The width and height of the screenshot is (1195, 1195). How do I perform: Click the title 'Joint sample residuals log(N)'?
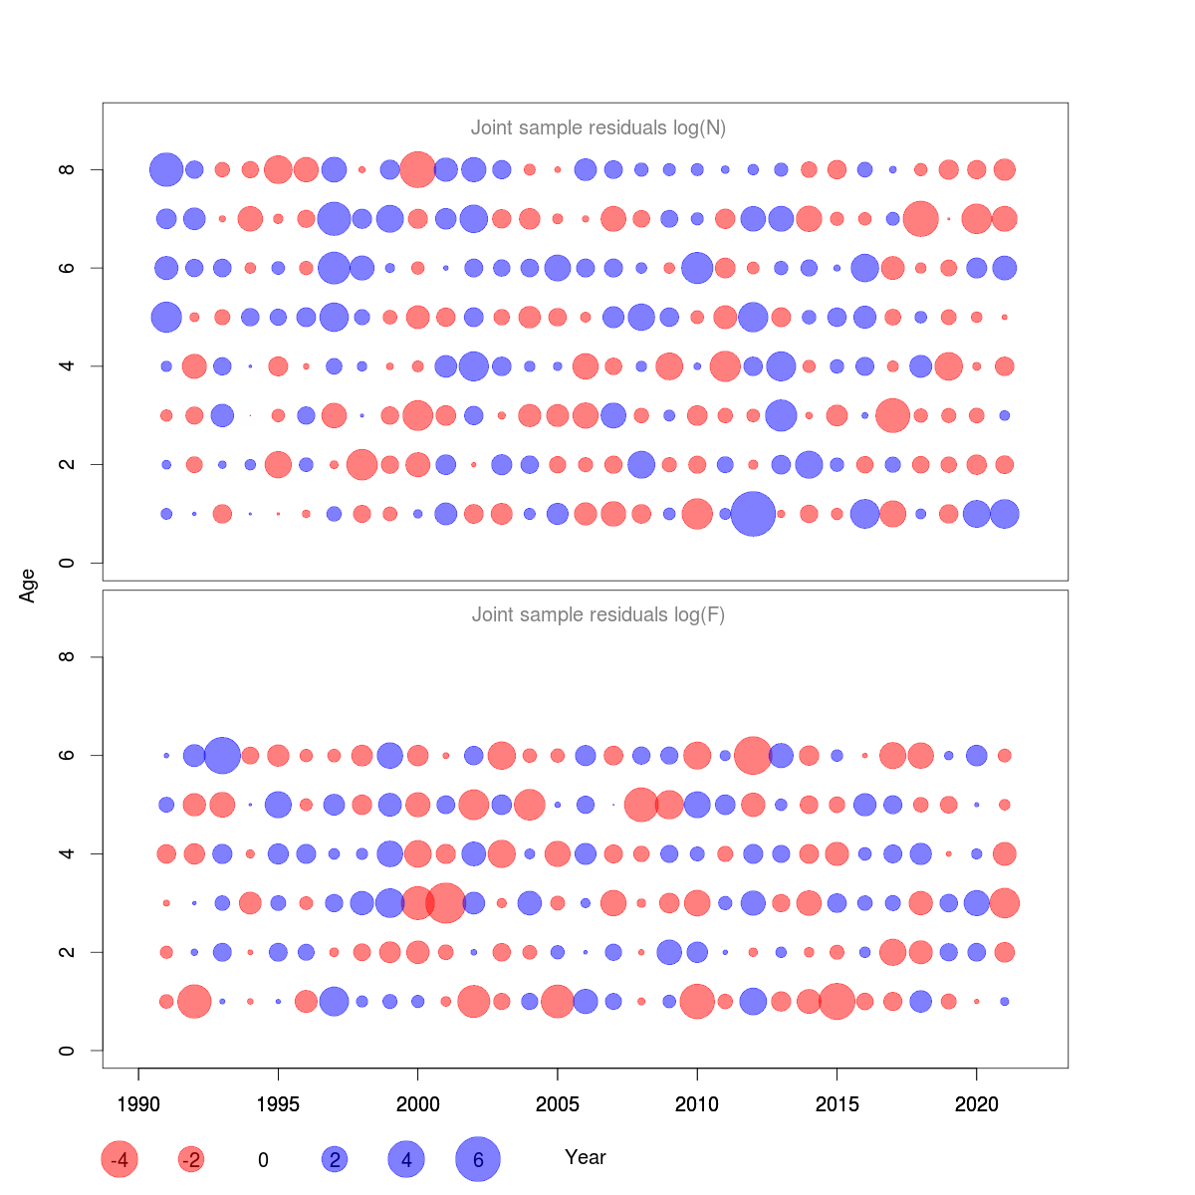[x=597, y=127]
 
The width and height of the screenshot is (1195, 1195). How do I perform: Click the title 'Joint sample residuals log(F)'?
[x=597, y=614]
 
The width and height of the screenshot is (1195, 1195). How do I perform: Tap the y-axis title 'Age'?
[x=28, y=586]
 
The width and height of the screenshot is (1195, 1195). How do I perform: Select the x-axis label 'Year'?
[x=586, y=1157]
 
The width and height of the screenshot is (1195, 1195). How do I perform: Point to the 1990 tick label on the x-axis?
[x=138, y=1104]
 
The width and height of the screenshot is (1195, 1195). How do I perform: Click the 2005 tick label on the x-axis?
[x=558, y=1104]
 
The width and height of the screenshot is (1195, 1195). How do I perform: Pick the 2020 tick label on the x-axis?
[x=977, y=1104]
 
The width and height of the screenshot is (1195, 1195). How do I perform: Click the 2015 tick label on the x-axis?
[x=836, y=1104]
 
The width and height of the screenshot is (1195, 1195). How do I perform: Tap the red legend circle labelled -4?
[x=119, y=1159]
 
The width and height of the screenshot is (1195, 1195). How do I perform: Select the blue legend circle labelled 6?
[x=478, y=1159]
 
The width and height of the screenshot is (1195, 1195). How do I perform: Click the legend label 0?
[x=263, y=1160]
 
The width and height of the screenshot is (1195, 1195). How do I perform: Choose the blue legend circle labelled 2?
[x=335, y=1159]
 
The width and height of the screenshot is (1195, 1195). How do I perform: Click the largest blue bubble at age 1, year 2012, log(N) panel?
[x=753, y=514]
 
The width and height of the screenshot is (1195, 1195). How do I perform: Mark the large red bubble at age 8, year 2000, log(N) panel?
[x=417, y=169]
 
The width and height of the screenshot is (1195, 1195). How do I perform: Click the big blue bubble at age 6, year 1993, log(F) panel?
[x=222, y=755]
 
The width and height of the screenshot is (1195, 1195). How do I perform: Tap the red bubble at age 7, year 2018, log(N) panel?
[x=921, y=218]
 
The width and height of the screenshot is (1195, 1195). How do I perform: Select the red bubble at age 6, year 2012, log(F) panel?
[x=753, y=755]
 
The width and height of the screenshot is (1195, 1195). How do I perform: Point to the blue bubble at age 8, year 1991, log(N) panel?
[x=166, y=169]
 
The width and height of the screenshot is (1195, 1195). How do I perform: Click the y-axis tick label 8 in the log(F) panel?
[x=67, y=657]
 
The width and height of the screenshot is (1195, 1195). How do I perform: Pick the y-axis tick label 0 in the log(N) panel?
[x=67, y=563]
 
